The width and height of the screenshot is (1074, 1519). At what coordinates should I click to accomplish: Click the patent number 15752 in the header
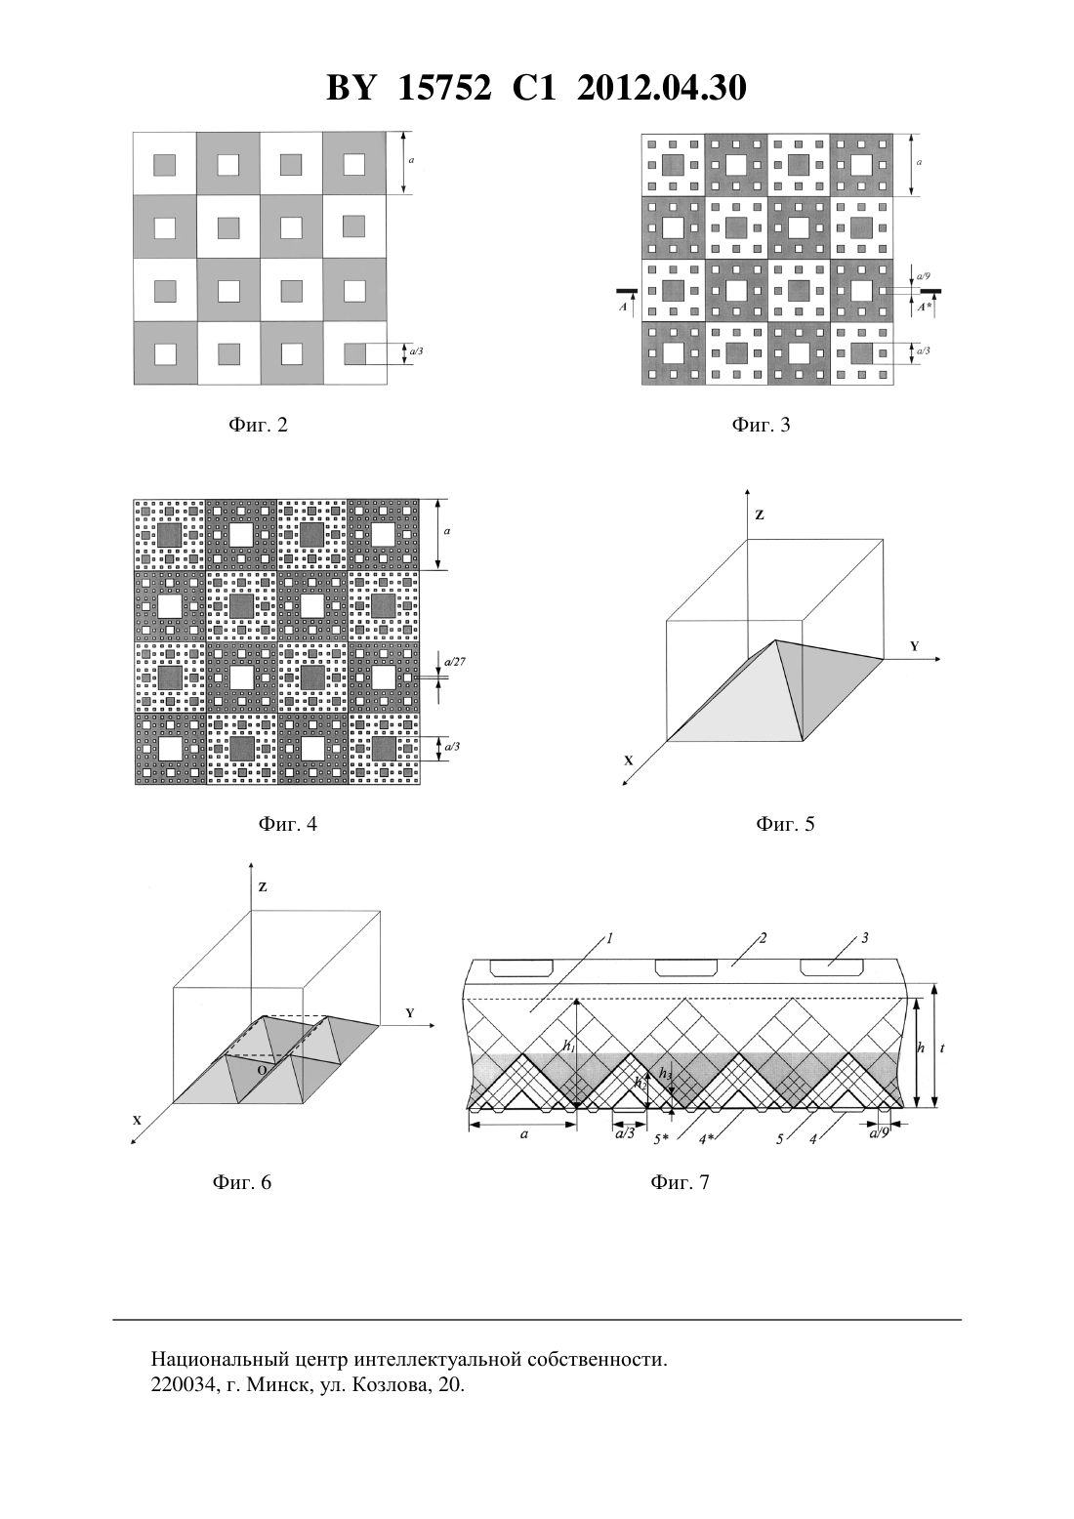pos(444,88)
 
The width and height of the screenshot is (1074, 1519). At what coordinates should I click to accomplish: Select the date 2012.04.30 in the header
pos(662,88)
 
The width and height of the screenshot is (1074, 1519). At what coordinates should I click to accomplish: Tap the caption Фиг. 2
pos(258,425)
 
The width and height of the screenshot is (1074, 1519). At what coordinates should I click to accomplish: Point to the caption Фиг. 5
pos(784,824)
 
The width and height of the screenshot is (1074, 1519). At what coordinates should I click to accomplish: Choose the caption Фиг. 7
pos(680,1182)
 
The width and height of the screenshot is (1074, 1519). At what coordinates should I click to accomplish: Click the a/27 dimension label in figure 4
pos(455,661)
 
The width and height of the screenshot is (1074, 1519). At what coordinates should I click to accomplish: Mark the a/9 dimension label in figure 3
pos(923,276)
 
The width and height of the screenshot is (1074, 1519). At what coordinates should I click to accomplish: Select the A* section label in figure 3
pos(925,308)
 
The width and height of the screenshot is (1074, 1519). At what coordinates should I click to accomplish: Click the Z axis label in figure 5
pos(760,514)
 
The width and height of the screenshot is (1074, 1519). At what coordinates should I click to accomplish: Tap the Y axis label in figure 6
pos(409,1013)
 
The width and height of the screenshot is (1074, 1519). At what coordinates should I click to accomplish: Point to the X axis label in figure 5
pos(629,760)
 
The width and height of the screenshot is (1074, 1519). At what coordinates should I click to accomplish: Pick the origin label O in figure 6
pos(262,1069)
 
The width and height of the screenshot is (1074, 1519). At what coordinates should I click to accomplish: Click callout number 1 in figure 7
pos(609,939)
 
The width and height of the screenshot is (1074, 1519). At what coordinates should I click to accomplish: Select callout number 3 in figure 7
pos(865,938)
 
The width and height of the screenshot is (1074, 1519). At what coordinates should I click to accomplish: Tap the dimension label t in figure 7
pos(942,1047)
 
